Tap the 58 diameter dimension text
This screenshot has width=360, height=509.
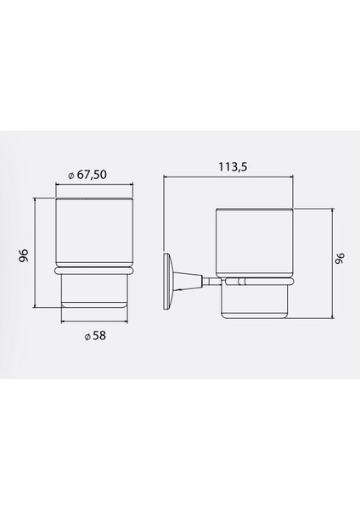click(99, 336)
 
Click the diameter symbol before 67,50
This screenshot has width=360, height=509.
click(71, 176)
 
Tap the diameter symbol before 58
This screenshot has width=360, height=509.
click(88, 336)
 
